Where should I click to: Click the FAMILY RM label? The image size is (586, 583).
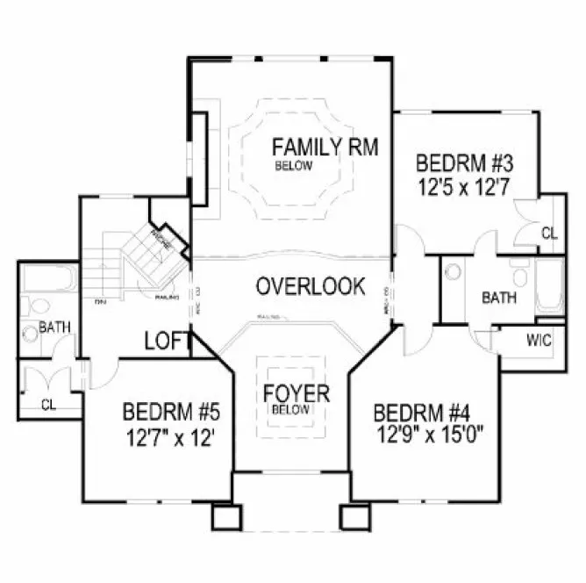point(325,147)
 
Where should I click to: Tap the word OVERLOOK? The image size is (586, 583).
point(311,286)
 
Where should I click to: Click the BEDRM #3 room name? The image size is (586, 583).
point(463,164)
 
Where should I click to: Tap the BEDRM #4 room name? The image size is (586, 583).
point(421,413)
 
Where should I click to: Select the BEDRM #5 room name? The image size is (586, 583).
point(170,411)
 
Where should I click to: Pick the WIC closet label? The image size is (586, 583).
point(539,340)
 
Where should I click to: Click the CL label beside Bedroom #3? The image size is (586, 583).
point(548,234)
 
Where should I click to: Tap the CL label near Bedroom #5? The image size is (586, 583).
point(48,406)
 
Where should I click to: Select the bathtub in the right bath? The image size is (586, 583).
point(549,287)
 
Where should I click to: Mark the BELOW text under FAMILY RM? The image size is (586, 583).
point(292,165)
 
